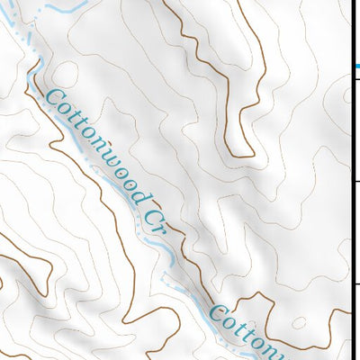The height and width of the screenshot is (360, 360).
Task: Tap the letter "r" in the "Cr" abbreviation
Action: click(158, 221)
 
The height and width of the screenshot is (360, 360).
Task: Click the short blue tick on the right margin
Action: click(356, 67)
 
